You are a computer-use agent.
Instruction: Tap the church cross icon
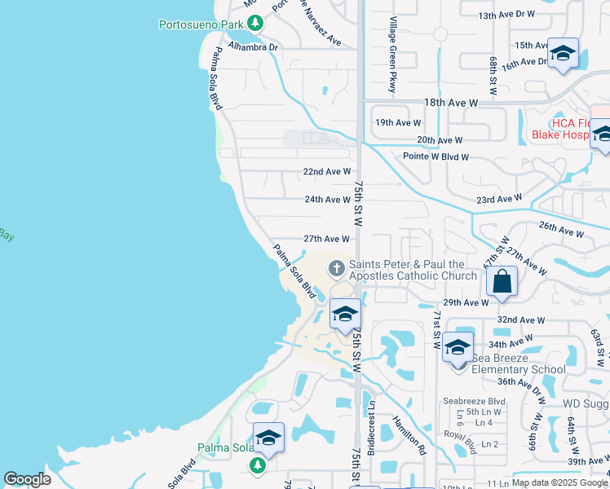click(336, 267)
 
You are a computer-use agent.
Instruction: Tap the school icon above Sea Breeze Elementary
click(458, 348)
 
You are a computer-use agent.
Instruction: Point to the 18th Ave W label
click(450, 104)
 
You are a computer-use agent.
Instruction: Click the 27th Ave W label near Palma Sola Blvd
click(326, 239)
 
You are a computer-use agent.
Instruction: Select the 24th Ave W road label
click(326, 200)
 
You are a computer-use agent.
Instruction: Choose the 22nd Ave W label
click(326, 172)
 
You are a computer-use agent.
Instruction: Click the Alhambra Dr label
click(254, 46)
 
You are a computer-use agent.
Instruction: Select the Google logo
click(28, 479)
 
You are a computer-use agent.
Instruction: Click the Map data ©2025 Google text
click(560, 482)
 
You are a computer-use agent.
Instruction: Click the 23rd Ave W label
click(499, 199)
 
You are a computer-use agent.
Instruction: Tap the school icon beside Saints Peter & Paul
click(346, 314)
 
